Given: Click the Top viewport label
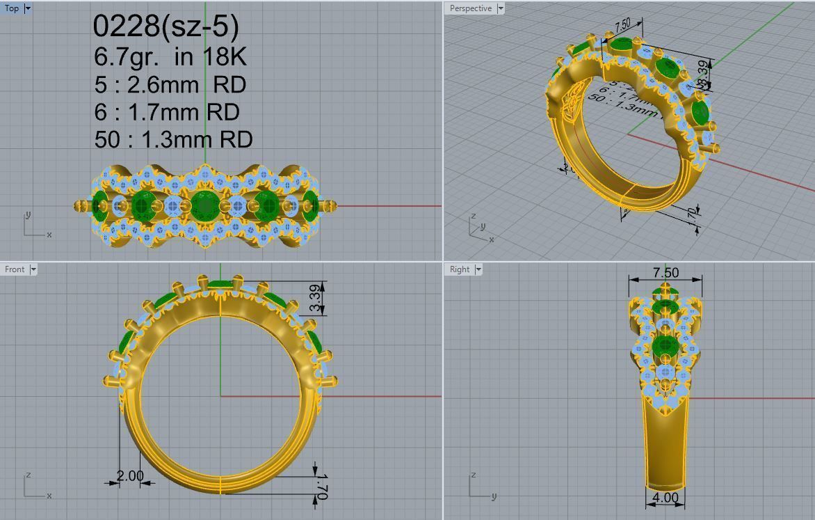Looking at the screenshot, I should point(12,8).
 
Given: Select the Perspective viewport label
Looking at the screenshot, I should point(470,8).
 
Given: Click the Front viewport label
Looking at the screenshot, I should point(14,269).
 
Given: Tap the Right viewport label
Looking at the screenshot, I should point(460,269).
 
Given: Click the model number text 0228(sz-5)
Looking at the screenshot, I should point(166,26).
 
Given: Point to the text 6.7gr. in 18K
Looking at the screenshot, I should point(170,56).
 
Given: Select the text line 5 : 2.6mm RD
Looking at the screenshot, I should point(170,84).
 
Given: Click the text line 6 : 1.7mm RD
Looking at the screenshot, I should point(167,111).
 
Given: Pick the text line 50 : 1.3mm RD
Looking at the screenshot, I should point(173,139).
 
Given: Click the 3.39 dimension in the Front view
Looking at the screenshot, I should point(316,299).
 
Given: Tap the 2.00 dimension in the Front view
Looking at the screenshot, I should point(129,476).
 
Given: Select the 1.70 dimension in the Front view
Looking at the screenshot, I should point(321,486).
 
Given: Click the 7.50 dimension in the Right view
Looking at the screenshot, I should point(665,273).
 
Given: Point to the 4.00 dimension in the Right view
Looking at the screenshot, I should point(665,498).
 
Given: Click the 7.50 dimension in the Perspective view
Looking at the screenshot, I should point(622,24).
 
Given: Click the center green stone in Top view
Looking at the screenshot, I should point(204,206).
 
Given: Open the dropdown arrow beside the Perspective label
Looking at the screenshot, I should point(500,8).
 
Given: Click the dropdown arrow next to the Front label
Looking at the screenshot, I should point(33,269).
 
